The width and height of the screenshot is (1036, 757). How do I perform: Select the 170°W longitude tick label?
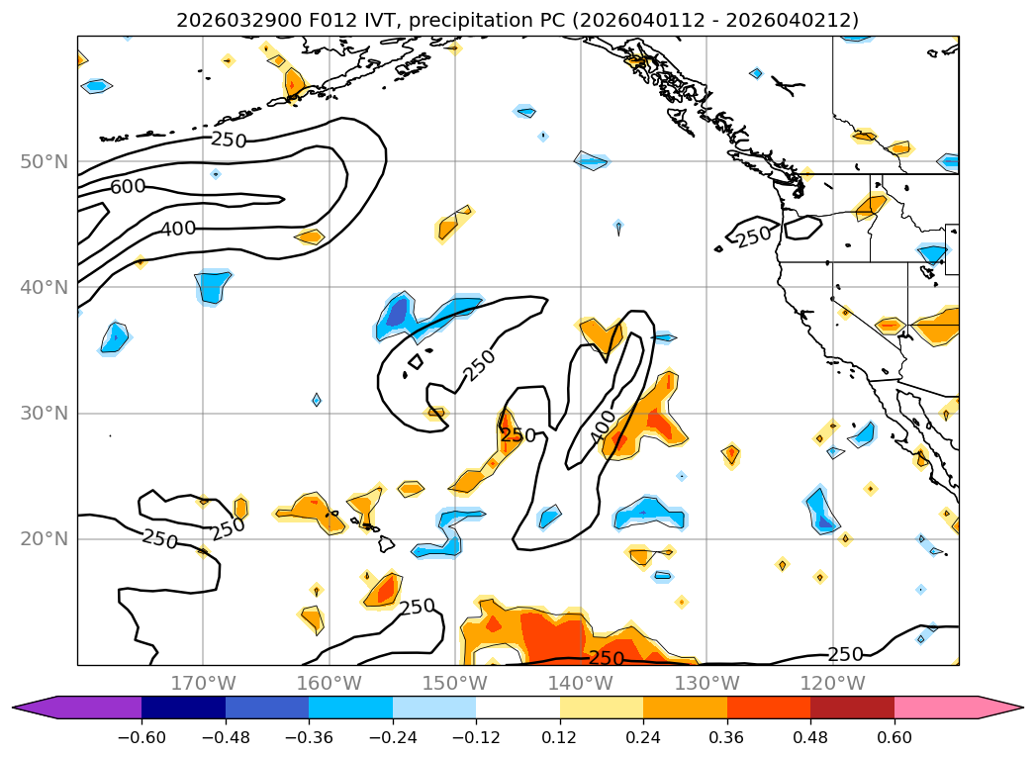tap(203, 683)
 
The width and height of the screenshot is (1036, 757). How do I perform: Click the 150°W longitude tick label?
tap(455, 683)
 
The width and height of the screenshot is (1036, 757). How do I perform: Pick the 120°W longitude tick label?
tap(833, 683)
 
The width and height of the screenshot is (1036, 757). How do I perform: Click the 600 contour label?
tap(128, 186)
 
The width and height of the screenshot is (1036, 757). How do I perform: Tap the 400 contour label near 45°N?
tap(178, 229)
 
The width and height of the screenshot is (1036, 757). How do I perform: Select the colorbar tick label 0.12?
tap(560, 737)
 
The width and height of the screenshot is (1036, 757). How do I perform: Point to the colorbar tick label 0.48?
tap(810, 737)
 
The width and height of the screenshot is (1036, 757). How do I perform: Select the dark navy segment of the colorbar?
tap(184, 708)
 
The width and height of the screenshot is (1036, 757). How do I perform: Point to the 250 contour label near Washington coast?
tap(754, 237)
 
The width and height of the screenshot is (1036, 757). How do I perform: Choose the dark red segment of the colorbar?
tap(852, 708)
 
